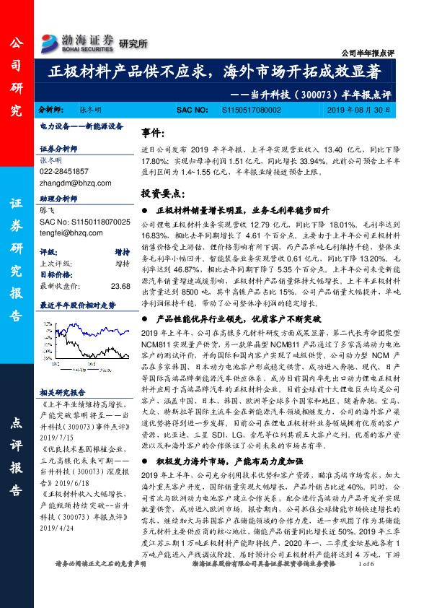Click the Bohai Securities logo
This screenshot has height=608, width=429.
coord(79,40)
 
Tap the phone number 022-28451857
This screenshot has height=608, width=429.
coord(65,171)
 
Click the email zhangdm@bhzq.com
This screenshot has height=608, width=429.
coord(70,183)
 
